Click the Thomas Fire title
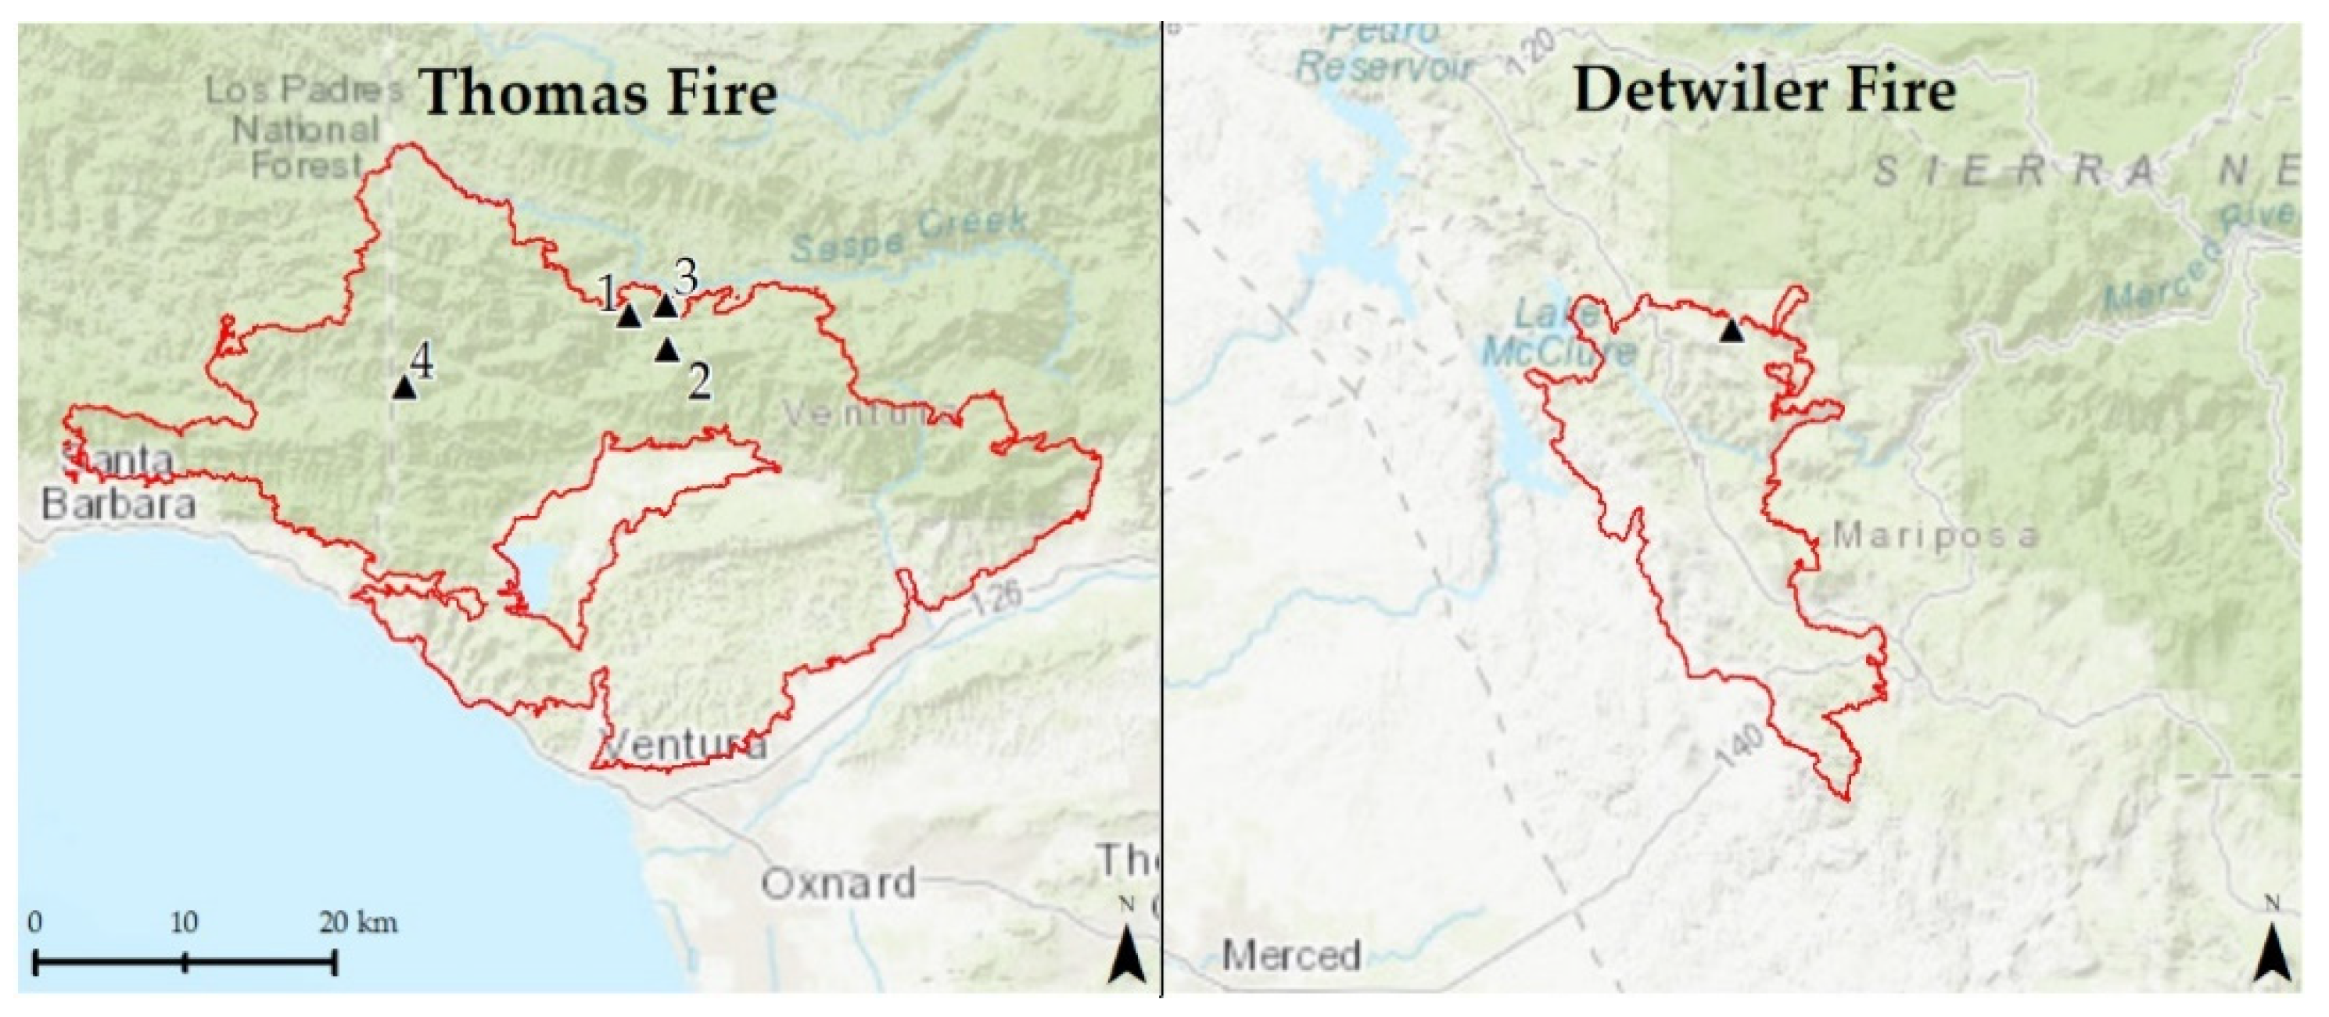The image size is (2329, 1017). coord(599,94)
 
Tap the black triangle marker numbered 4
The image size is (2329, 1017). coord(404,388)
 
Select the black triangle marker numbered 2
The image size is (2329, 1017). coord(667,349)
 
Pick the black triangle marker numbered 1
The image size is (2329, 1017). coord(630,316)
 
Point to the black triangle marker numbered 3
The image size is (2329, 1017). coord(666,306)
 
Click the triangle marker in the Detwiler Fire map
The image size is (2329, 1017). coord(1731,330)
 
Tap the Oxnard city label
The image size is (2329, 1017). coord(838,883)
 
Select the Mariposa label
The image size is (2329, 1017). coord(1935,536)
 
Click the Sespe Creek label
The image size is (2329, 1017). coord(909,232)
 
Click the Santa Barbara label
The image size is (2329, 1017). coord(117,483)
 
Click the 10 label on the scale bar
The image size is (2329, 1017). coord(185,923)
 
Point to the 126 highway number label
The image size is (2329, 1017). coord(999,599)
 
